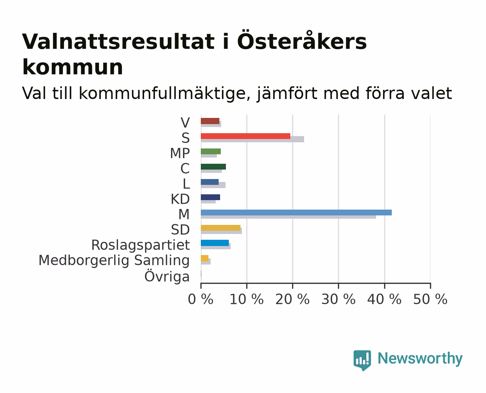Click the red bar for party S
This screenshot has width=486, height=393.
(246, 136)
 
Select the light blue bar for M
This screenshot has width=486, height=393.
(296, 213)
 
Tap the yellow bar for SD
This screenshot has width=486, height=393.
(221, 228)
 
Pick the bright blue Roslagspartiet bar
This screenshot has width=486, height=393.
(215, 243)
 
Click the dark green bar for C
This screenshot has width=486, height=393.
(213, 167)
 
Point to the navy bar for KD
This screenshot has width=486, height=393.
(210, 197)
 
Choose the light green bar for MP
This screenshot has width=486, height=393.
(211, 151)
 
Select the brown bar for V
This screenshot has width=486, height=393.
(210, 121)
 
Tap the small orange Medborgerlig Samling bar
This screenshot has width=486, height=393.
(205, 258)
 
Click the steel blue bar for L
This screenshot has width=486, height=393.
(210, 182)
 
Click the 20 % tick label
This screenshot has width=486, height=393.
(292, 299)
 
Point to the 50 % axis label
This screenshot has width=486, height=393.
(430, 299)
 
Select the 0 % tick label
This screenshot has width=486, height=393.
(200, 299)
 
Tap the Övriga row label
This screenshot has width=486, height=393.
(167, 277)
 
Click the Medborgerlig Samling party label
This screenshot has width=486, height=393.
(114, 261)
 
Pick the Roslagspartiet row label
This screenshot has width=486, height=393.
(140, 245)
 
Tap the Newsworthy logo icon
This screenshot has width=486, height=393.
(362, 360)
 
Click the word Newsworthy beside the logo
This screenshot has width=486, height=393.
(420, 359)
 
